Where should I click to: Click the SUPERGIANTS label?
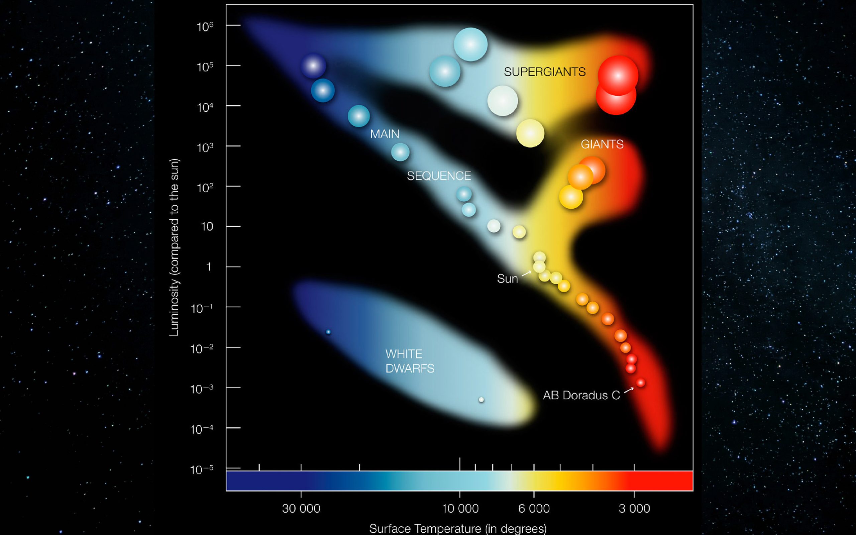pyautogui.click(x=544, y=72)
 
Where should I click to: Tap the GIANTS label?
pyautogui.click(x=602, y=144)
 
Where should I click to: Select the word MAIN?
pyautogui.click(x=385, y=134)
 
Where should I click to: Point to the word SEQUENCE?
pyautogui.click(x=439, y=176)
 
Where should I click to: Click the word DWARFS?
pyautogui.click(x=410, y=368)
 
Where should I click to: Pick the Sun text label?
pyautogui.click(x=507, y=279)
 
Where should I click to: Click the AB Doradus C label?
pyautogui.click(x=581, y=395)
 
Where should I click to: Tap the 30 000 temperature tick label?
pyautogui.click(x=301, y=509)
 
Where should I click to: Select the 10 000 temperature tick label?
pyautogui.click(x=460, y=509)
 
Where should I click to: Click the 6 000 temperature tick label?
pyautogui.click(x=534, y=509)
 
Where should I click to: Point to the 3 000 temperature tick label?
pyautogui.click(x=634, y=509)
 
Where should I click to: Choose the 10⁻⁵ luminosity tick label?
pyautogui.click(x=202, y=469)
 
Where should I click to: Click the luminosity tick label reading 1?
pyautogui.click(x=209, y=267)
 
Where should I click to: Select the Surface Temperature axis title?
pyautogui.click(x=458, y=529)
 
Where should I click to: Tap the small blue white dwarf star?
pyautogui.click(x=328, y=332)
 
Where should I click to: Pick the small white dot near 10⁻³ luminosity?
pyautogui.click(x=481, y=400)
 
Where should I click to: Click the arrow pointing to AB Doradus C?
pyautogui.click(x=629, y=390)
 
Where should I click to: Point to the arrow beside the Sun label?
pyautogui.click(x=526, y=273)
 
